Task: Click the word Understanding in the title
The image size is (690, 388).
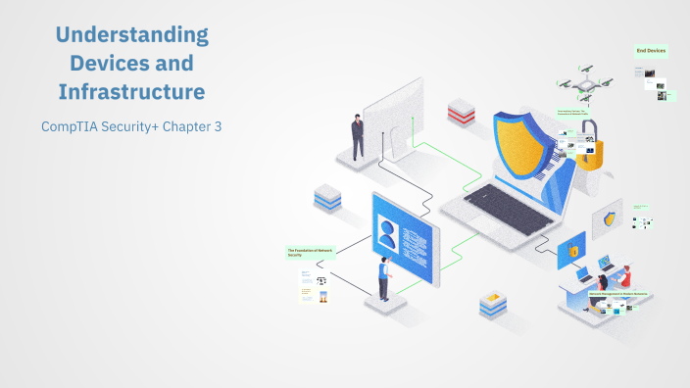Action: (x=132, y=36)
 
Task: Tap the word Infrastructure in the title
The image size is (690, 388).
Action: (x=132, y=93)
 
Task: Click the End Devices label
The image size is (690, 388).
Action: (x=652, y=50)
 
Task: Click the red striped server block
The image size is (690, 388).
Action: (x=461, y=110)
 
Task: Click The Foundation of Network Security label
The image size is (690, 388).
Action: (x=309, y=253)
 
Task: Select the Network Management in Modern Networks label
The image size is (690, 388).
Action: (x=617, y=294)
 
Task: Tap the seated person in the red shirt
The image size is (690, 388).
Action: (x=624, y=276)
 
